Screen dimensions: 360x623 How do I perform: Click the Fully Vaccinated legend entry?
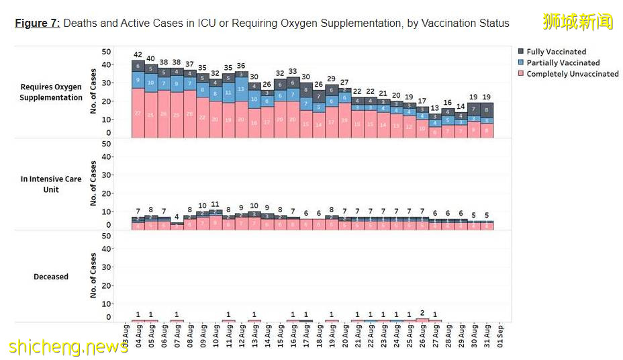coord(556,52)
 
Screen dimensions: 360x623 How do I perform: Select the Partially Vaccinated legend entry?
coord(563,62)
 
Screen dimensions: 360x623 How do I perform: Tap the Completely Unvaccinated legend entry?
coord(572,74)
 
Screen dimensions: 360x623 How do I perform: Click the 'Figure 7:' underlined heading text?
coord(38,24)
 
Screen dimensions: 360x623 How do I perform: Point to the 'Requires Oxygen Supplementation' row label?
coord(51,92)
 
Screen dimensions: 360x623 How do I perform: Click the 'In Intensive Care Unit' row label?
coord(51,184)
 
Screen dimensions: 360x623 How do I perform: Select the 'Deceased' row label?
coord(51,276)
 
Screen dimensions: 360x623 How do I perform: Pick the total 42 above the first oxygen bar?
coord(138,54)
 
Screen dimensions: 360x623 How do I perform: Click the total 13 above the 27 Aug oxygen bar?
coord(435,108)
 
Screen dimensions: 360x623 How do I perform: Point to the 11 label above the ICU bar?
coord(215,204)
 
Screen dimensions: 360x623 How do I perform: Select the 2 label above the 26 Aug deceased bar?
coord(422,313)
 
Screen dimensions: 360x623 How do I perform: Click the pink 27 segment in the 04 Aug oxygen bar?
coord(138,113)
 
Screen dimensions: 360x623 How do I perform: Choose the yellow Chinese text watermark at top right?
coord(578,21)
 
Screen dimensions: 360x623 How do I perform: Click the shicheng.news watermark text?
coord(68,347)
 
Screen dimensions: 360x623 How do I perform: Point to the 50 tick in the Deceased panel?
coord(106,236)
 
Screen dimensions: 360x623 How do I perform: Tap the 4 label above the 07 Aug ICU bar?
coord(177,216)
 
